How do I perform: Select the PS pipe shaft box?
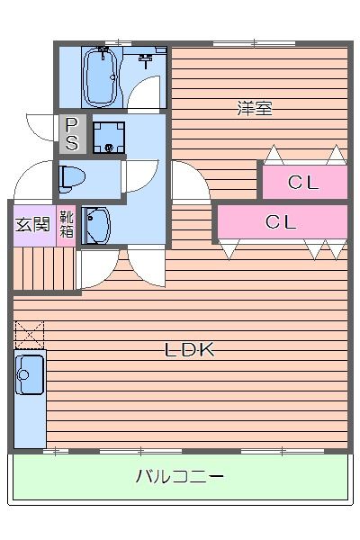pos(71,134)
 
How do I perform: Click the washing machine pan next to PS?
pos(110,135)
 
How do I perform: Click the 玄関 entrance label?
pos(33,224)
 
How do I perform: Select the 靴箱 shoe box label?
pos(67,224)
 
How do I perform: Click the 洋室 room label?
pos(255,109)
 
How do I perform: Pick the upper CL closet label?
pos(303,183)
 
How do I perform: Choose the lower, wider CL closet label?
pos(281,222)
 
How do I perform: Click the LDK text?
pos(190,350)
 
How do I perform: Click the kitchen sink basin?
pos(30,373)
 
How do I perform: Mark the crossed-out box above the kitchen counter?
pos(29,335)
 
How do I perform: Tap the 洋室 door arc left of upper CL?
pos(187,184)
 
